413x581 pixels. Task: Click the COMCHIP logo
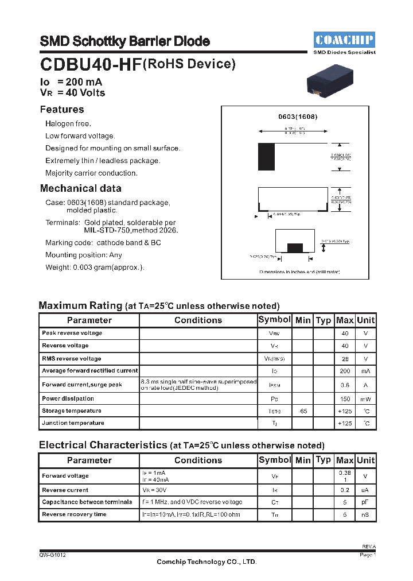(x=344, y=40)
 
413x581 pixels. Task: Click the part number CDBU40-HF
(x=89, y=65)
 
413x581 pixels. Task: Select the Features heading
(x=62, y=110)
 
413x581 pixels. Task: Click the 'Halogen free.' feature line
(x=68, y=124)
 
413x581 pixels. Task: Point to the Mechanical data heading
(x=80, y=188)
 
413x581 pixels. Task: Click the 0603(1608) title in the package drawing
(x=298, y=117)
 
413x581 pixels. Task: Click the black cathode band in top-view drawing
(x=266, y=156)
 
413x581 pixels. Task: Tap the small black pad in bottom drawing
(x=295, y=247)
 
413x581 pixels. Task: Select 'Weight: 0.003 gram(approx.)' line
(x=95, y=267)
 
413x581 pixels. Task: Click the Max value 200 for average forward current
(x=345, y=371)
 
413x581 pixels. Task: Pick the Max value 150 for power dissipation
(x=345, y=398)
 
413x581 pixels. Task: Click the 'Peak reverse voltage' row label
(x=72, y=333)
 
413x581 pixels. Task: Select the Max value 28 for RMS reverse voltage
(x=345, y=359)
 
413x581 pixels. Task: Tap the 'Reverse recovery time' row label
(x=74, y=514)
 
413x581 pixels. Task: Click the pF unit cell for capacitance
(x=365, y=502)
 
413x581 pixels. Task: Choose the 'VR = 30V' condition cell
(x=155, y=490)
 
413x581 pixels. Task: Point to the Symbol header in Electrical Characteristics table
(x=275, y=460)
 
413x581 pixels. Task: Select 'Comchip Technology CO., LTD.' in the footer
(x=206, y=562)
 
